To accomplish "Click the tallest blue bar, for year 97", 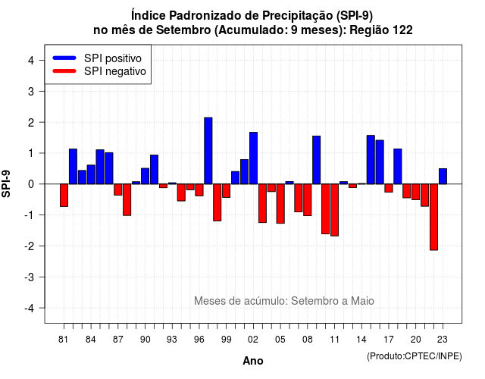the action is (208, 151).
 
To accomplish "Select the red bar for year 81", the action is (64, 196).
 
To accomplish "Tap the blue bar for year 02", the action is (253, 158).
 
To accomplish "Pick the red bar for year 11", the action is (334, 210).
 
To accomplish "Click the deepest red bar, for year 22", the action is (433, 218).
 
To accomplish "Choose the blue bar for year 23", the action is (443, 177).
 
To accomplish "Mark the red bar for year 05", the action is (280, 204).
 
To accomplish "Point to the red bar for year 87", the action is (118, 189).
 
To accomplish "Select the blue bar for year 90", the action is (145, 176).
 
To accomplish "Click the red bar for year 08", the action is (308, 200).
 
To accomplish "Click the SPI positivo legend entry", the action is (97, 58).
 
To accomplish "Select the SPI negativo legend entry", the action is (99, 71).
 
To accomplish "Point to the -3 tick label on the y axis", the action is (30, 277).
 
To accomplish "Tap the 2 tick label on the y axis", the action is (31, 122).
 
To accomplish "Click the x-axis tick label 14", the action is (361, 340).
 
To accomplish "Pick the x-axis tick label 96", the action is (199, 340).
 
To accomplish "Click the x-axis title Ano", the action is (253, 361).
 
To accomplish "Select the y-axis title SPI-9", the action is (6, 183).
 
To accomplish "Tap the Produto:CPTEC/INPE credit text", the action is (415, 356).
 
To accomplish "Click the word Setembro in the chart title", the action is (183, 30).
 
